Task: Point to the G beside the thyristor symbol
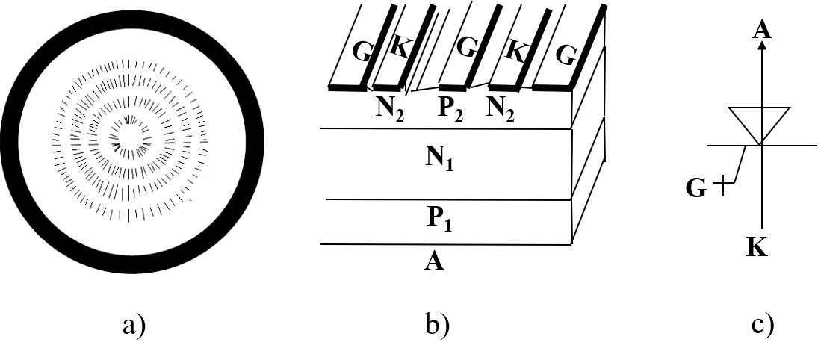[695, 187]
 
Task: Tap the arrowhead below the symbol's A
[762, 45]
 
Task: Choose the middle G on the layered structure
[468, 48]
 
